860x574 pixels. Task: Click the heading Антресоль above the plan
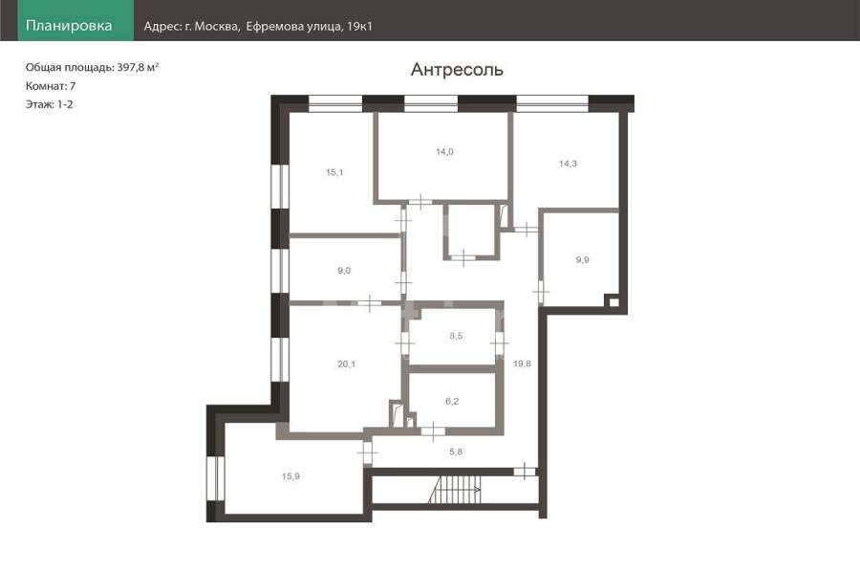click(457, 70)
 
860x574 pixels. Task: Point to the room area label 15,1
click(334, 172)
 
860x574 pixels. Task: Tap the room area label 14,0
click(444, 151)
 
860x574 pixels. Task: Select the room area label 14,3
click(568, 164)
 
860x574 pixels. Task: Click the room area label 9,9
click(583, 259)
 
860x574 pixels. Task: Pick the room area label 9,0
click(344, 270)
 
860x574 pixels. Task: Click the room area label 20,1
click(347, 364)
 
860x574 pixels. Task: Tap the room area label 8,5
click(456, 336)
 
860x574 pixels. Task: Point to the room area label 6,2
click(452, 401)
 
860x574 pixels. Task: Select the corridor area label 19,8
click(522, 364)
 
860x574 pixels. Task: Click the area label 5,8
click(456, 452)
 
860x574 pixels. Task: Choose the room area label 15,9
click(290, 476)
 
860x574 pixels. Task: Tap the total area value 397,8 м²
click(138, 67)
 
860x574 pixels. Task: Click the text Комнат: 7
click(51, 86)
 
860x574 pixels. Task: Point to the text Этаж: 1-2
click(50, 104)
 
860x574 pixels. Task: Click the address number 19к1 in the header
click(360, 26)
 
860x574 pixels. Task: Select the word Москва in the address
click(217, 26)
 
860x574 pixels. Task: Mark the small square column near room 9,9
click(613, 302)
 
